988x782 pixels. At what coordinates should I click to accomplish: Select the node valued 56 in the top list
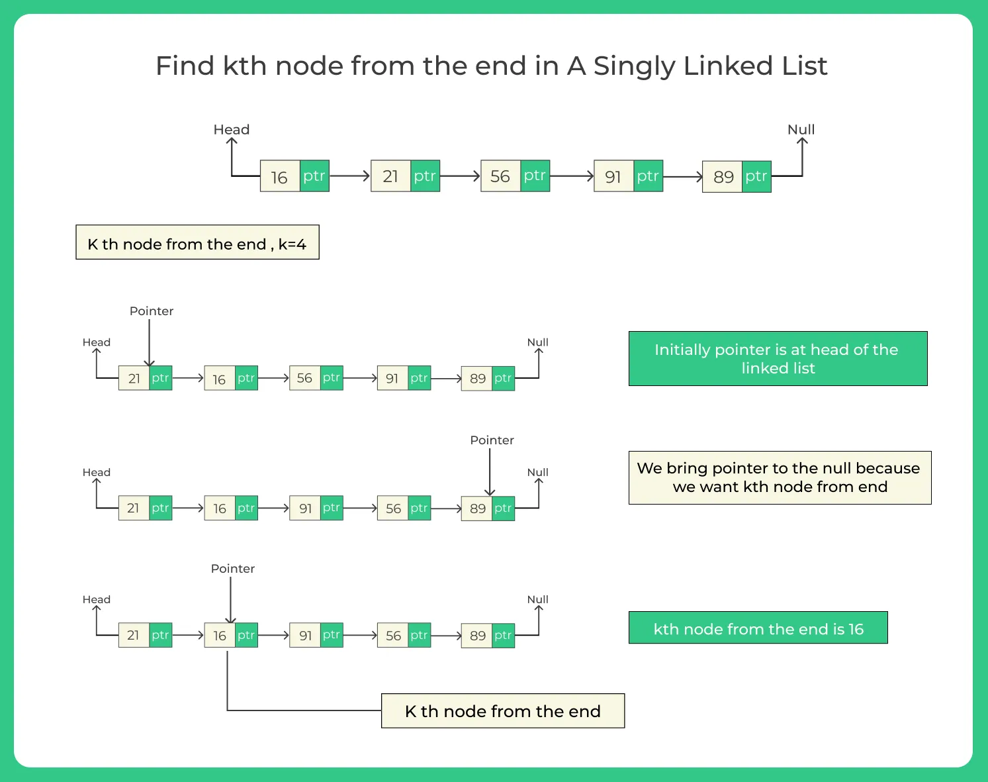500,176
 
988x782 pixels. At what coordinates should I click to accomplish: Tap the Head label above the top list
231,130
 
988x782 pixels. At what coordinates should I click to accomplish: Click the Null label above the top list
801,130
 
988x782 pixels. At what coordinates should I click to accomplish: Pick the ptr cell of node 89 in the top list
756,176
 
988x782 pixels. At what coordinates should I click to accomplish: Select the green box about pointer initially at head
778,359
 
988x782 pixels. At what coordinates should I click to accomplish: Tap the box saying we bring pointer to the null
780,477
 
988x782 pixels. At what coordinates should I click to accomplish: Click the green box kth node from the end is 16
758,628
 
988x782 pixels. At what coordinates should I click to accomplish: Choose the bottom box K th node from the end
503,710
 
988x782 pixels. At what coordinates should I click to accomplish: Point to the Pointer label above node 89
492,440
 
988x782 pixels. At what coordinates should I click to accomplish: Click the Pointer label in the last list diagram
232,569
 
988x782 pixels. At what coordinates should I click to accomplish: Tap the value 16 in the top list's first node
279,177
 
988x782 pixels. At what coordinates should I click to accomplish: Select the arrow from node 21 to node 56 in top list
459,176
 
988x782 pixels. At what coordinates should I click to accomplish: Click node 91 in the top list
613,177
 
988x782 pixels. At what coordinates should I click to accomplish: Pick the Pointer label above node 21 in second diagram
151,311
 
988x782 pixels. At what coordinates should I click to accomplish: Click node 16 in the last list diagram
220,636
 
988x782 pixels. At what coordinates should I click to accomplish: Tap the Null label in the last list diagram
537,599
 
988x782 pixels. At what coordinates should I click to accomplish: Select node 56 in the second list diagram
304,378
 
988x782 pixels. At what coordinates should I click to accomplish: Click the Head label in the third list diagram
96,472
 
